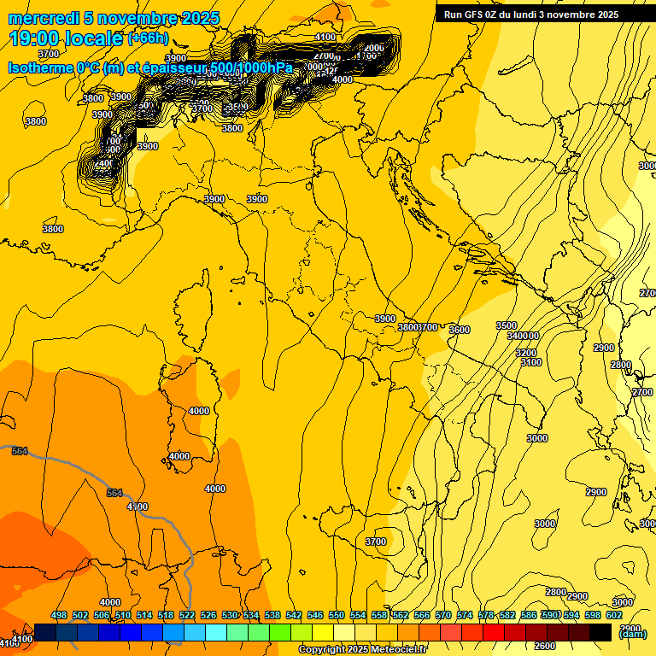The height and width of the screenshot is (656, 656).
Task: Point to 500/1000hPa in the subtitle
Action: pyautogui.click(x=252, y=67)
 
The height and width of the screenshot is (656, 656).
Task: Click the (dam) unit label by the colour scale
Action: pyautogui.click(x=631, y=634)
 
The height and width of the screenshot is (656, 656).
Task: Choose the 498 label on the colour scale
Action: pyautogui.click(x=59, y=615)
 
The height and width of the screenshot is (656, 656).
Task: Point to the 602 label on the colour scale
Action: pyautogui.click(x=614, y=615)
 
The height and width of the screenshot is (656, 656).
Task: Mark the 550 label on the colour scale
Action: pyautogui.click(x=337, y=615)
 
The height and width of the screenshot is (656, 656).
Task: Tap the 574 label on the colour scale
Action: pyautogui.click(x=465, y=615)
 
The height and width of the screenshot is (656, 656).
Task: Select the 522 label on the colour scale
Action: pyautogui.click(x=187, y=615)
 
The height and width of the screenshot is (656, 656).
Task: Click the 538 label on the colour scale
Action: pyautogui.click(x=272, y=615)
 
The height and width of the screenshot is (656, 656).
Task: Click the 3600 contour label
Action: pyautogui.click(x=460, y=330)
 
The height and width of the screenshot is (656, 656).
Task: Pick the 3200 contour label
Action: pyautogui.click(x=526, y=353)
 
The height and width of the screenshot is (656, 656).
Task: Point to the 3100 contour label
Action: pyautogui.click(x=531, y=363)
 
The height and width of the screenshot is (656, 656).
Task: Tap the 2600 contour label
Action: pyautogui.click(x=545, y=646)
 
